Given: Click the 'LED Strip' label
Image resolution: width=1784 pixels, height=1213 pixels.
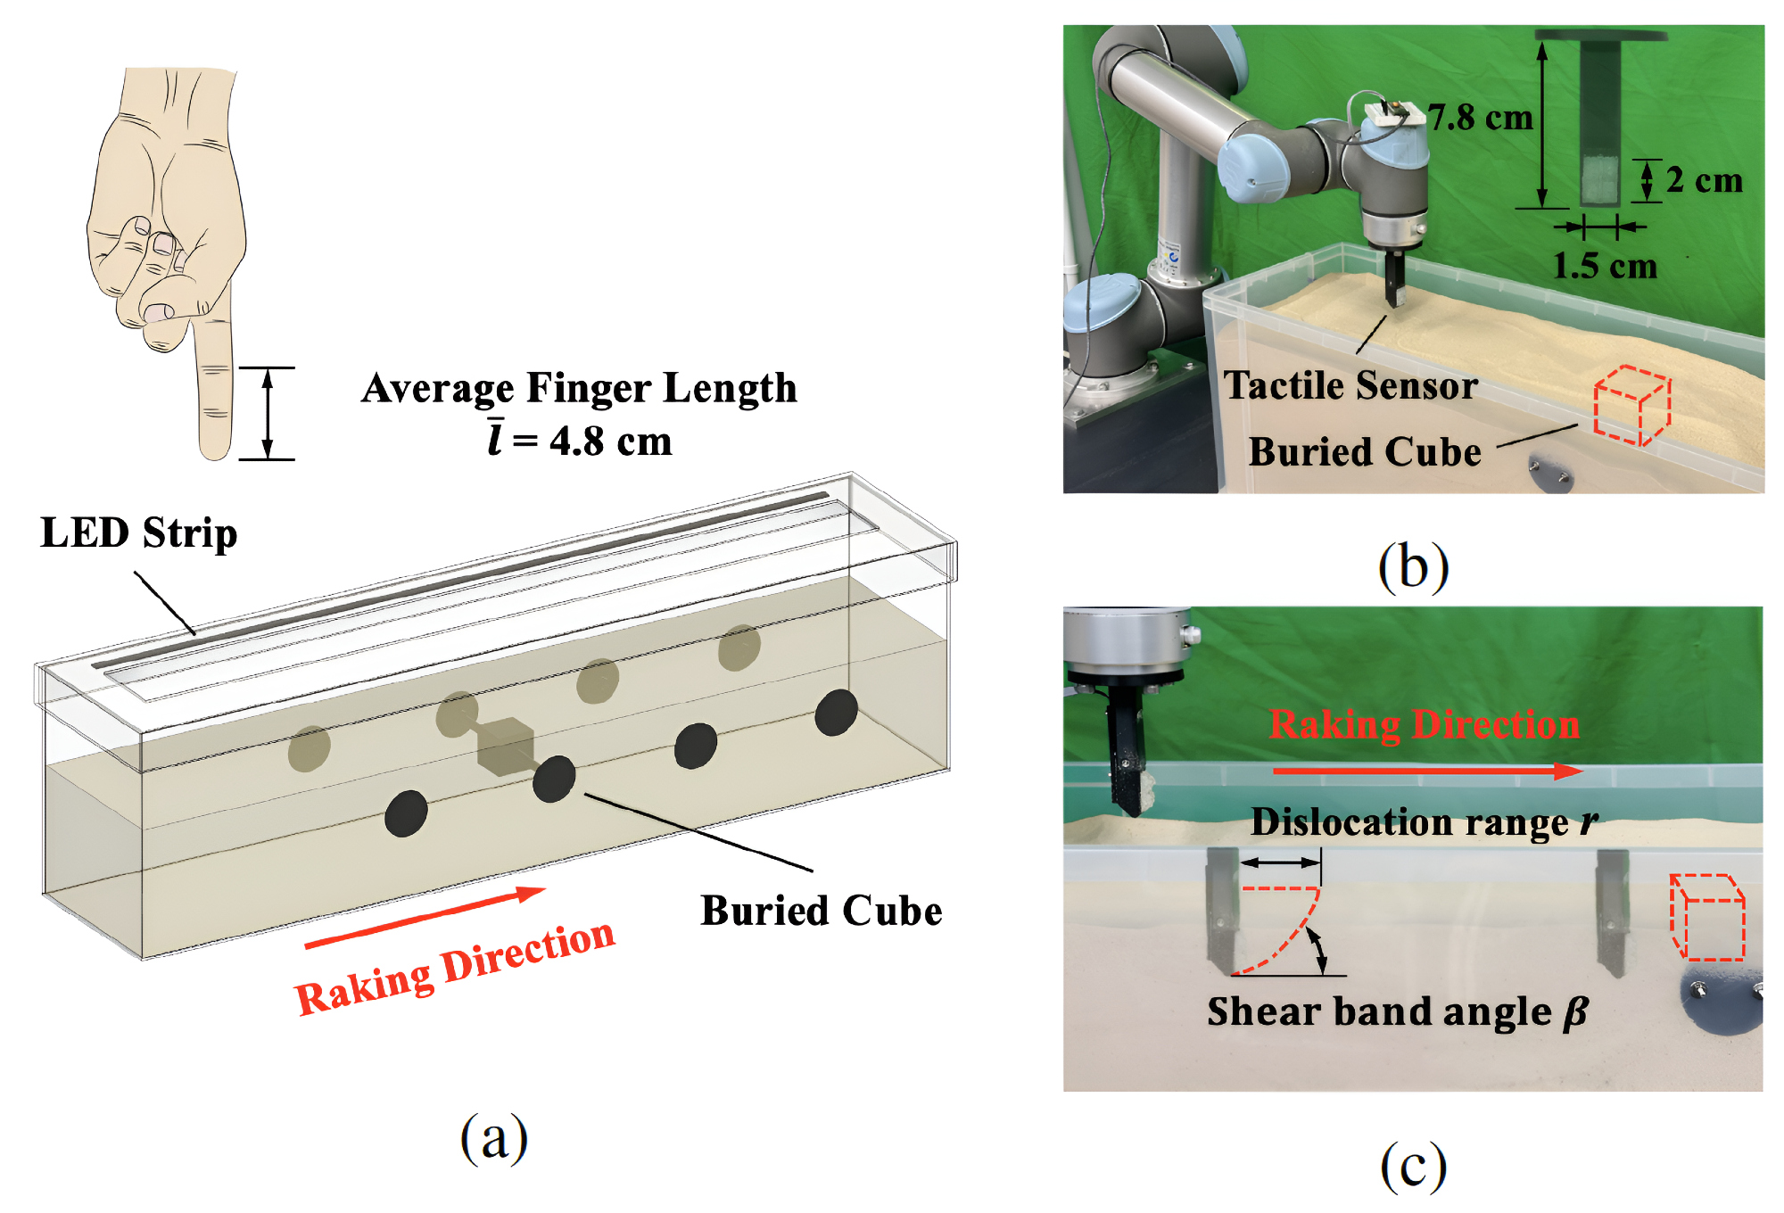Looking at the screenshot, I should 139,533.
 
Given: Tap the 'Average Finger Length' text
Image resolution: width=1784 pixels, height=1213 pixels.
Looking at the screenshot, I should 579,388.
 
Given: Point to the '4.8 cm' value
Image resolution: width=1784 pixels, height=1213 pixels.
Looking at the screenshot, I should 610,441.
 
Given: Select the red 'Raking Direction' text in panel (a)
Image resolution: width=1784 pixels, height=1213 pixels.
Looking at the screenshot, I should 455,969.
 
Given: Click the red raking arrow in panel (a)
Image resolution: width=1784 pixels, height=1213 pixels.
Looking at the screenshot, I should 425,917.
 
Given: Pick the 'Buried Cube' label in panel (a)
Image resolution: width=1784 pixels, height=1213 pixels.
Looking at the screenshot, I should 821,911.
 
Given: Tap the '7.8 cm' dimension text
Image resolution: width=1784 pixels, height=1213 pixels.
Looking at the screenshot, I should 1480,117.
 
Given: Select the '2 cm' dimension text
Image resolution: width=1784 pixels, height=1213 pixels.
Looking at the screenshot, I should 1704,180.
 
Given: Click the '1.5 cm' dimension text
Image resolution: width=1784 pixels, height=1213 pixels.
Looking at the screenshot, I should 1605,265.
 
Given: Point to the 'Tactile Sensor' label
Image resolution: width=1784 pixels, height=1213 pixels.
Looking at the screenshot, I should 1350,385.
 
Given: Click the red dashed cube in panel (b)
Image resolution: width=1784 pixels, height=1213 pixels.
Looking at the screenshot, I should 1631,406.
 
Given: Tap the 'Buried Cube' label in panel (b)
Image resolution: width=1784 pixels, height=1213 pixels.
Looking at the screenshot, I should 1365,451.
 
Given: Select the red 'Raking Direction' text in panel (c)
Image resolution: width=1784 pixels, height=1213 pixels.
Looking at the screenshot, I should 1425,724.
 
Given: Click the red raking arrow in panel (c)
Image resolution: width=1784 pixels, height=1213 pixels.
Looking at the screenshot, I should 1427,771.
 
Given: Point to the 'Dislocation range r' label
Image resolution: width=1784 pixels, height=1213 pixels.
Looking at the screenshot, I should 1424,821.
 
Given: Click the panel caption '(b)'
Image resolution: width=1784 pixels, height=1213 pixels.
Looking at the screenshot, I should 1413,566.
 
